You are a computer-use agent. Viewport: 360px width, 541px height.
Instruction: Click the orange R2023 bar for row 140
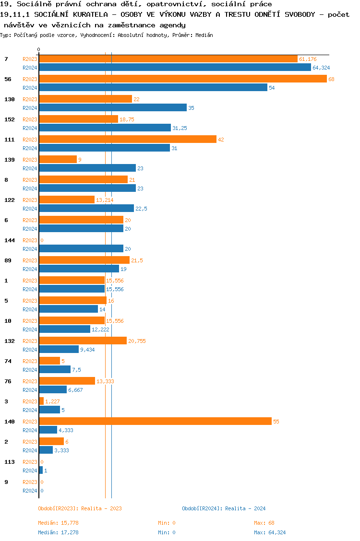pos(155,421)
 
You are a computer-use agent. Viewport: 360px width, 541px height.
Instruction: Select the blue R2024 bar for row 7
pos(175,68)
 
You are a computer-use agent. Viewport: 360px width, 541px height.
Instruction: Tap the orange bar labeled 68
pos(182,79)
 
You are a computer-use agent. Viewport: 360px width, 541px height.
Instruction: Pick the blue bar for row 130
pos(113,108)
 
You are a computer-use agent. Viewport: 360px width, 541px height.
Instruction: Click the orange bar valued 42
pos(128,139)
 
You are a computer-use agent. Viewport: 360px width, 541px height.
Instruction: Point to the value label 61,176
pos(308,59)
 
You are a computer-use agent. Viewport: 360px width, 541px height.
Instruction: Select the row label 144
pos(10,240)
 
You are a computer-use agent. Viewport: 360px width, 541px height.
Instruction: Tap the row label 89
pos(8,260)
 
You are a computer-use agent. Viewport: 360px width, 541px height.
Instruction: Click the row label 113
pos(10,462)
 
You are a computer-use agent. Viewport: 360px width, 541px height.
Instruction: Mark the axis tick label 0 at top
pos(39,50)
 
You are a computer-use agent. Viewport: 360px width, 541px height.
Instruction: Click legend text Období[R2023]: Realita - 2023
pos(80,508)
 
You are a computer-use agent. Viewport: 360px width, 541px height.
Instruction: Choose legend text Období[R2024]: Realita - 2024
pos(224,508)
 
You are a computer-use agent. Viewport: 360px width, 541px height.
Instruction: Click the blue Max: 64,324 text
pos(270,532)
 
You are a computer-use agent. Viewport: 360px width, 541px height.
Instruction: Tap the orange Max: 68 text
pos(264,523)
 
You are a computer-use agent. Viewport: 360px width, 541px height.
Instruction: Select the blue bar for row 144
pos(81,248)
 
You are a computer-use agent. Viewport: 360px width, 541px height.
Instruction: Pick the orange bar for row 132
pos(83,341)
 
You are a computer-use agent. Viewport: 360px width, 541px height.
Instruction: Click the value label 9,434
pos(87,350)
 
